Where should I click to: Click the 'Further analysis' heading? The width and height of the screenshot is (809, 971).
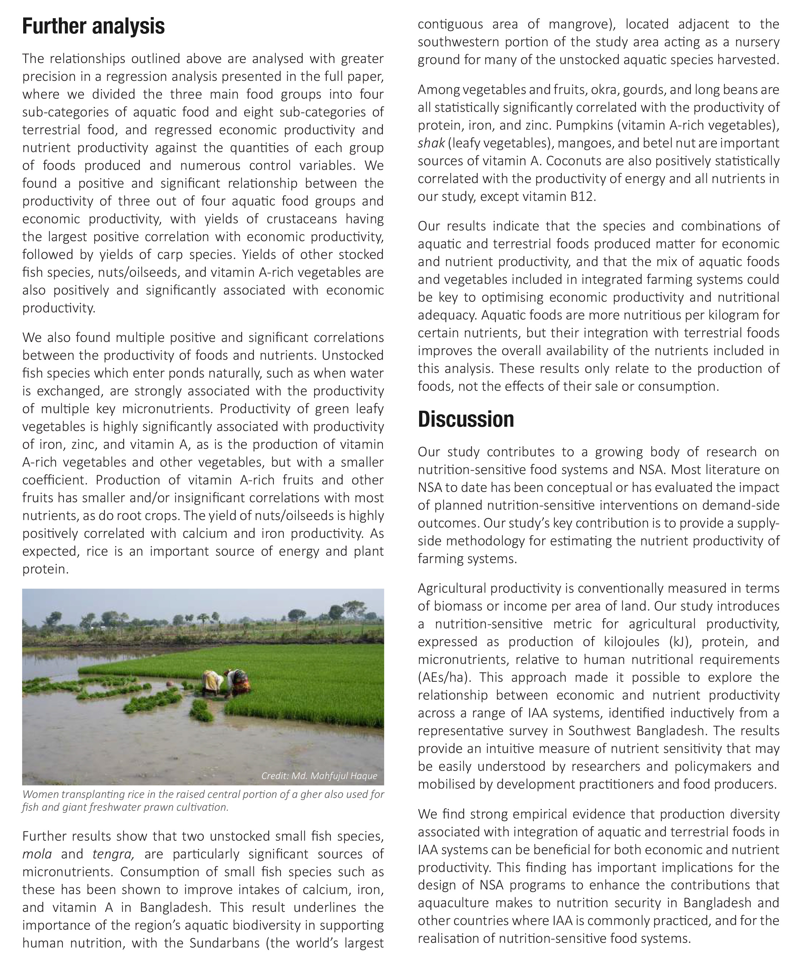click(x=93, y=26)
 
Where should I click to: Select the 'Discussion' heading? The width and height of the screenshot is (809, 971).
click(x=466, y=419)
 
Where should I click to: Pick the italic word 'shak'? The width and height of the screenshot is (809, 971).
click(x=431, y=143)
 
